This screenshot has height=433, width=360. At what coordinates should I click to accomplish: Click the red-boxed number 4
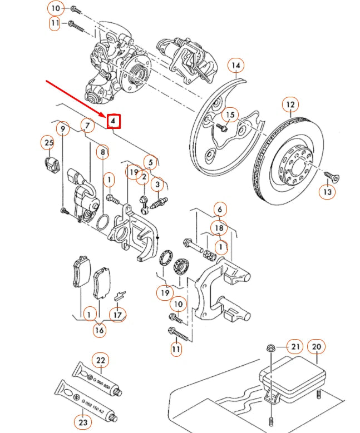coord(114,121)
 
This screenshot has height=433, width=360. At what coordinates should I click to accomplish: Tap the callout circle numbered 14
coord(236,66)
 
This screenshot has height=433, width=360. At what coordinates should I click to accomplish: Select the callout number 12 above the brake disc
coord(290,104)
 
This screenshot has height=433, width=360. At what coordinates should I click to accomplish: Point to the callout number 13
coord(327,192)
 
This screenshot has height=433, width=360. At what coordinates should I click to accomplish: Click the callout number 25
coord(48,143)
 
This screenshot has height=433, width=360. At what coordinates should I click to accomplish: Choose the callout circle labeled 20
coord(317,346)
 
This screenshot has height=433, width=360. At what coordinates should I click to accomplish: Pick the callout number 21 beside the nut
coord(295,347)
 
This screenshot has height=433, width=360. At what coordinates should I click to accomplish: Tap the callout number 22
coord(101,360)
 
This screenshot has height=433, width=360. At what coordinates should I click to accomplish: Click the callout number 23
coord(83,422)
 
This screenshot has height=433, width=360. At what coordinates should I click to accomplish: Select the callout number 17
coord(117,315)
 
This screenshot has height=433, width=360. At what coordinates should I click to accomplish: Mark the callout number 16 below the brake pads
coord(99,330)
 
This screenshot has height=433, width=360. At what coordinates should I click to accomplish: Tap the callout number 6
coord(219,210)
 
